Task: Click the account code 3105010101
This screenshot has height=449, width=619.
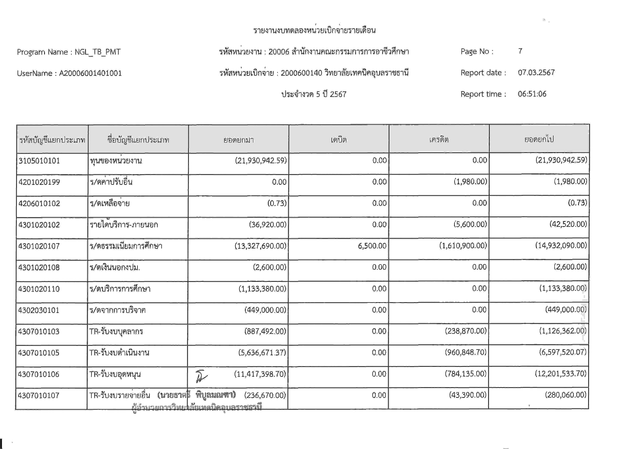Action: (39, 161)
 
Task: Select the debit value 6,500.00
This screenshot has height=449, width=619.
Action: (372, 246)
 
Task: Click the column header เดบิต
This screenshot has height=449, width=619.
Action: (339, 140)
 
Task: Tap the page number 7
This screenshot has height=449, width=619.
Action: (520, 51)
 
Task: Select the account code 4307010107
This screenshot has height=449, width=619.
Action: (39, 395)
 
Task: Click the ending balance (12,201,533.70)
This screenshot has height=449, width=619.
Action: (560, 373)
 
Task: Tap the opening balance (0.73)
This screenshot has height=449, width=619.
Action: (277, 203)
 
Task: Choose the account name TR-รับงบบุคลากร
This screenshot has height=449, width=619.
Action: (116, 331)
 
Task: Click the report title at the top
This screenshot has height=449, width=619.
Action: (314, 30)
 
